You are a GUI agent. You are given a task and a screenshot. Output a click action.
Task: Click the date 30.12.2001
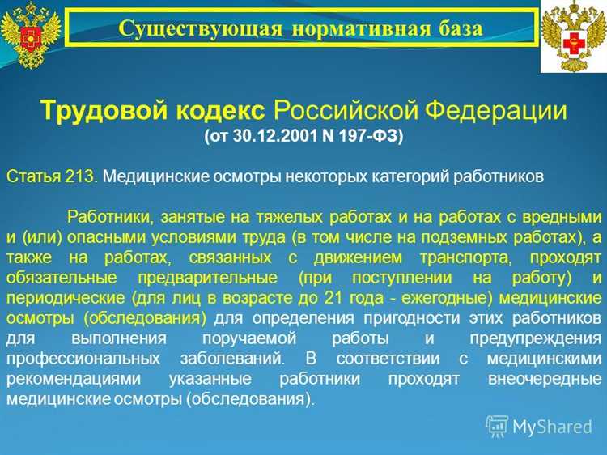(274, 136)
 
